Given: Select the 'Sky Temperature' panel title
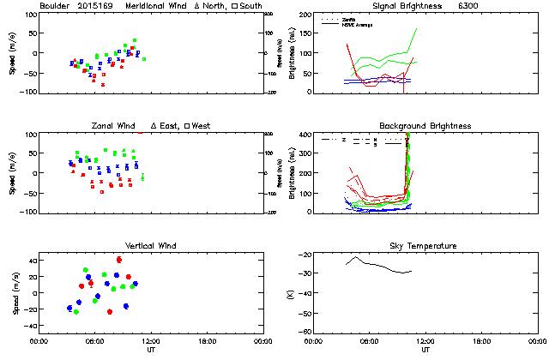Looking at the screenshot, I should tap(425, 246).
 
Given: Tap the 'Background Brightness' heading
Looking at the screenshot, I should tap(425, 126).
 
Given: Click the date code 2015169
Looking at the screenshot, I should tap(99, 6).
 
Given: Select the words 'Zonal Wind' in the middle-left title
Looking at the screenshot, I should tap(114, 126).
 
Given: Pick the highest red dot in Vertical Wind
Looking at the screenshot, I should tap(119, 259).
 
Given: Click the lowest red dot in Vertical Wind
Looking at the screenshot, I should tap(110, 312).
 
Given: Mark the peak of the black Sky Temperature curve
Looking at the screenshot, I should tap(354, 257).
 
